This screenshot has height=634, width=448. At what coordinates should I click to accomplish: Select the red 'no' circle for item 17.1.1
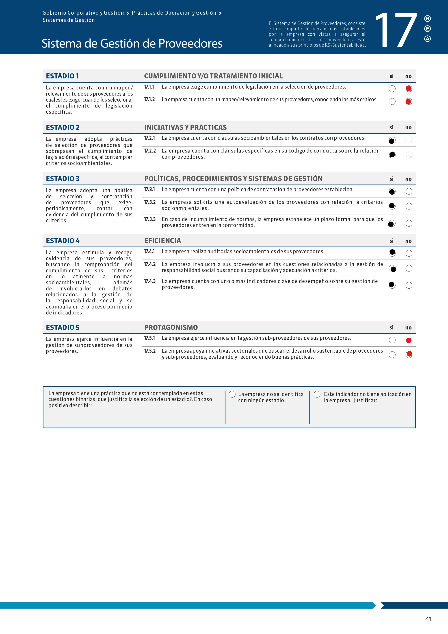click(409, 89)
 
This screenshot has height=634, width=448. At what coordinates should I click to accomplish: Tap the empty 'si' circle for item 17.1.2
click(392, 102)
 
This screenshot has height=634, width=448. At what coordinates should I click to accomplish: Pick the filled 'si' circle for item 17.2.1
click(392, 141)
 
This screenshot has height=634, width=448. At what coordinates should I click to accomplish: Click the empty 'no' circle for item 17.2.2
click(409, 155)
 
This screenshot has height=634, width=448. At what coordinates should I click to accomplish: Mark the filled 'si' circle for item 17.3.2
click(392, 206)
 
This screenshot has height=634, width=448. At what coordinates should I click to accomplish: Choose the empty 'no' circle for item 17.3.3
click(409, 223)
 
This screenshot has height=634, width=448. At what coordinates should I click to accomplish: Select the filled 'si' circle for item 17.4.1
click(392, 253)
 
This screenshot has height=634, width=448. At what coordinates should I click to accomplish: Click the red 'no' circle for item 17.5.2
click(409, 354)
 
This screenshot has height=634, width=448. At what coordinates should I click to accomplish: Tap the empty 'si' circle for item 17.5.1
click(392, 340)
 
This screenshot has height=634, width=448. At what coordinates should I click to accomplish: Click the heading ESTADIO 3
click(63, 179)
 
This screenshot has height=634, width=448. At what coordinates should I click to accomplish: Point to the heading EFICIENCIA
click(163, 241)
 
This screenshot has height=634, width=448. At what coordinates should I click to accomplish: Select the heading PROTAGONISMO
click(171, 327)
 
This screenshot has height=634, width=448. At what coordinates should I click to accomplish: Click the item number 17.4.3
click(150, 281)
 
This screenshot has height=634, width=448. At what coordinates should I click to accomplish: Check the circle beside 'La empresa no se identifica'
click(232, 394)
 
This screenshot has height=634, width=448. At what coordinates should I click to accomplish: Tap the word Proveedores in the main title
click(190, 43)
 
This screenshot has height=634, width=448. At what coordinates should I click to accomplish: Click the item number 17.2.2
click(150, 151)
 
